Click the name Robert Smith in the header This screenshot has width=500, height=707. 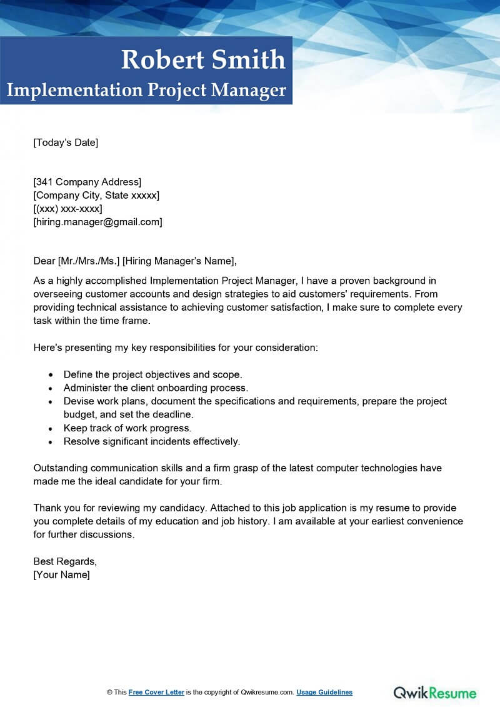[x=203, y=59]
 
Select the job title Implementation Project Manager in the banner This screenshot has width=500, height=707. [x=146, y=90]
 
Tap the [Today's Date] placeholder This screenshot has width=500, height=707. [x=66, y=143]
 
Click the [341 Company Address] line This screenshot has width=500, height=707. [x=87, y=182]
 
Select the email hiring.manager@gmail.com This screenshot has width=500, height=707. [x=99, y=221]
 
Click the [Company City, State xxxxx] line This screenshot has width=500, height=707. [x=96, y=195]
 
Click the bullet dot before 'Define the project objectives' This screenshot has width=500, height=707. [x=51, y=375]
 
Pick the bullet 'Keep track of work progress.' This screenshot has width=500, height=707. [x=127, y=428]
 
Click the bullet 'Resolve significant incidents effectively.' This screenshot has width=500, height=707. [x=152, y=441]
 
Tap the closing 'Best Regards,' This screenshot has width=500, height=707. [x=65, y=561]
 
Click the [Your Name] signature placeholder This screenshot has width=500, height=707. [x=61, y=574]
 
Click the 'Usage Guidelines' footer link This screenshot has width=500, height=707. [x=324, y=692]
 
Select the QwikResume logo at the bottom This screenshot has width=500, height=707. [x=435, y=692]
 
